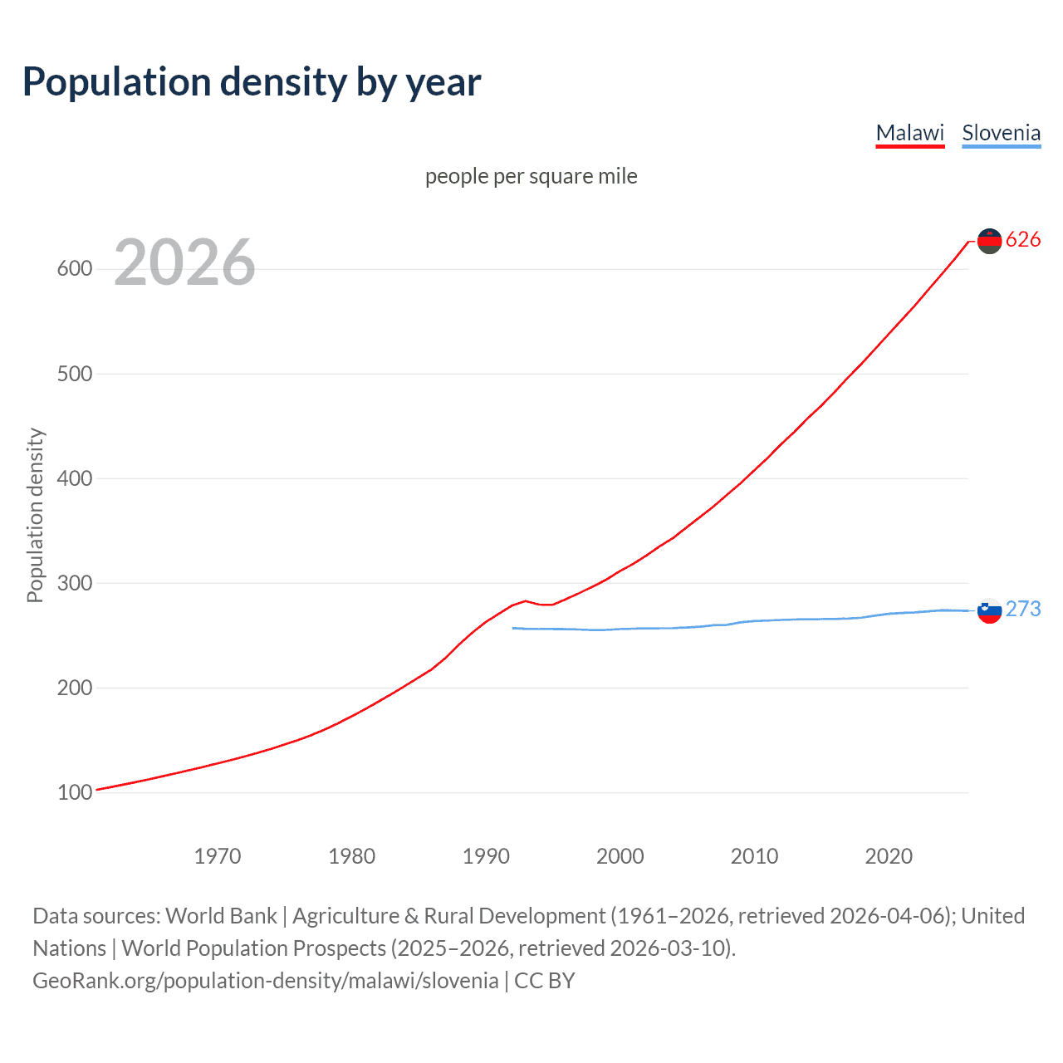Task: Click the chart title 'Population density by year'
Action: coord(252,82)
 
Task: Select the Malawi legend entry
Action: coord(910,133)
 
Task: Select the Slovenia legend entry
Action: coord(1001,133)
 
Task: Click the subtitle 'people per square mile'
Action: coord(531,176)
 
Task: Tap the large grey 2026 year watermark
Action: coord(184,262)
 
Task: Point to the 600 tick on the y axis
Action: coord(75,268)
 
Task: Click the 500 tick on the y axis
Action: coord(75,374)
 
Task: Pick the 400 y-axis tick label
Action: coord(75,478)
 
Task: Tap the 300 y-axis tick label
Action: coord(75,583)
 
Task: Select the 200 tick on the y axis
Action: coord(75,688)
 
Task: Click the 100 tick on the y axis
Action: coord(75,792)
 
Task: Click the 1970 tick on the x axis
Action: coord(218,856)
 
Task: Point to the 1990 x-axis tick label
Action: coord(486,856)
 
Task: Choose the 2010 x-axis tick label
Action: coord(754,856)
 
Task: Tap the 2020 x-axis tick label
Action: coord(889,856)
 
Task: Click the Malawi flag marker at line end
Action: coord(989,241)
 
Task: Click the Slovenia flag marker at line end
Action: coord(989,611)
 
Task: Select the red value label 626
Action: coord(1023,240)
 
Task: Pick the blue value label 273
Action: coord(1023,610)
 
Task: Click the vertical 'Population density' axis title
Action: coord(35,515)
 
